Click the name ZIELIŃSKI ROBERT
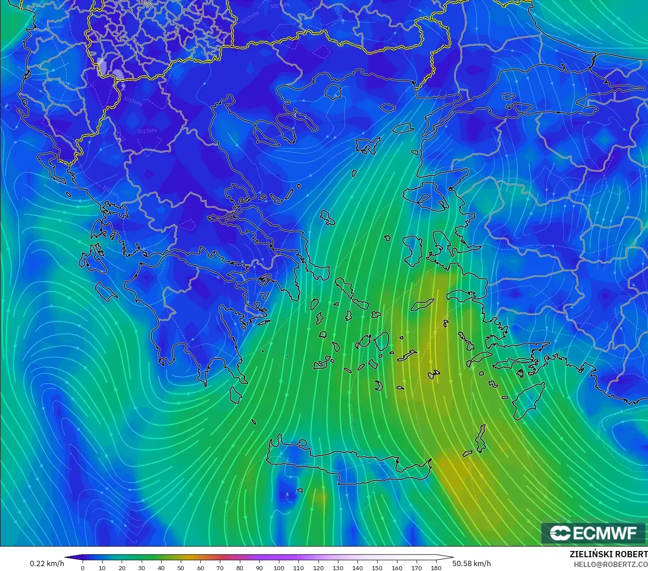click(608, 555)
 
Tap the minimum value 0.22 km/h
click(47, 563)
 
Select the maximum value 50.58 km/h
click(472, 563)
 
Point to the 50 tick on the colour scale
click(181, 567)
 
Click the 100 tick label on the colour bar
click(279, 567)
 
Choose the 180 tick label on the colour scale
click(436, 567)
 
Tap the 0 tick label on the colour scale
click(83, 567)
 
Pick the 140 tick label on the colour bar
click(358, 567)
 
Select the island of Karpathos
click(481, 438)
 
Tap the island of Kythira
click(235, 395)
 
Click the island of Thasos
click(333, 91)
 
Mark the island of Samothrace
click(387, 107)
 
